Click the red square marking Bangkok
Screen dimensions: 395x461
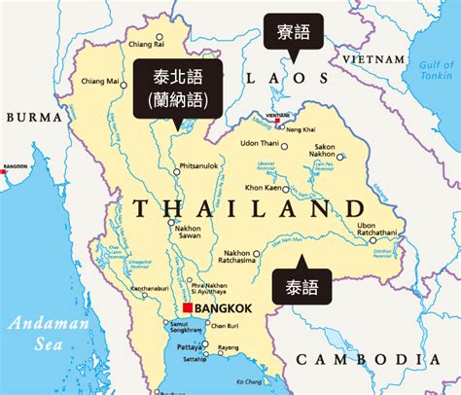tap(189, 307)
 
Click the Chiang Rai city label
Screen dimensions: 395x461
tap(145, 43)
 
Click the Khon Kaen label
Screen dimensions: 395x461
tap(265, 186)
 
